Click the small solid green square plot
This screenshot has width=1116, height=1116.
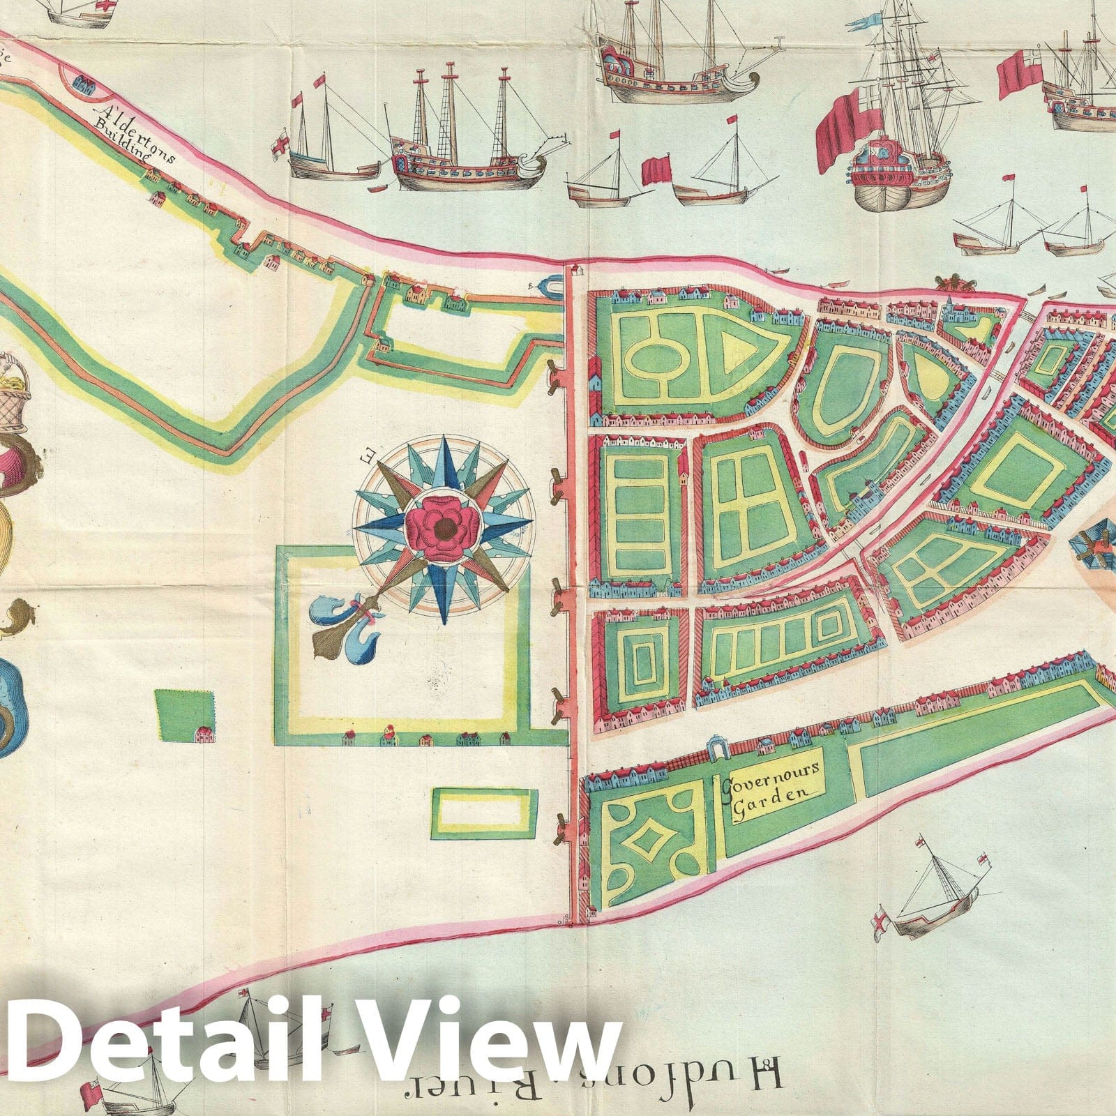tap(183, 715)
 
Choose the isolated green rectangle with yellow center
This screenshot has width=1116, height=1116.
tap(485, 813)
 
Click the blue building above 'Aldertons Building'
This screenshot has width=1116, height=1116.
tap(86, 85)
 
